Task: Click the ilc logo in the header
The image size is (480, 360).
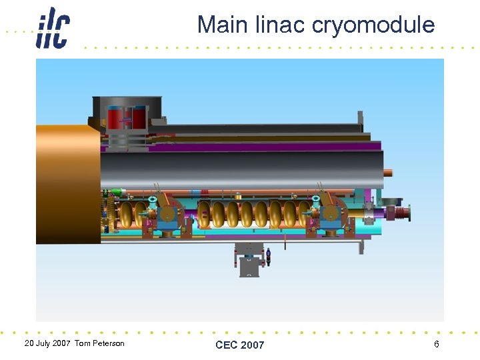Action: click(53, 27)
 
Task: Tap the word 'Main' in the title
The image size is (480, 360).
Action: click(223, 25)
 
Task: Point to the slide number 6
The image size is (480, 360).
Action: click(436, 344)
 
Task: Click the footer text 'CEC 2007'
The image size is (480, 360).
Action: click(239, 345)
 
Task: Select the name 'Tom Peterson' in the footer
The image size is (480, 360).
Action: click(99, 343)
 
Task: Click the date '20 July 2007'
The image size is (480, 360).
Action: click(47, 343)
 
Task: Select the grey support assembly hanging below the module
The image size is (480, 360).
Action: click(249, 259)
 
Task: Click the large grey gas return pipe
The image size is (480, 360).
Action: click(240, 169)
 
